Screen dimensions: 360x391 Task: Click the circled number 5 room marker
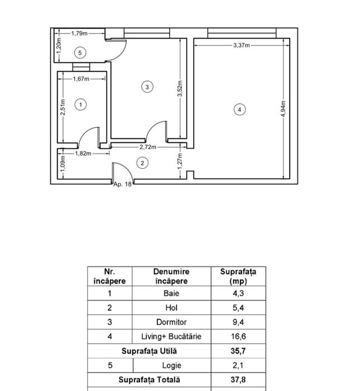80,53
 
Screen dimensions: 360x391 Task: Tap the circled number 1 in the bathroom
80,105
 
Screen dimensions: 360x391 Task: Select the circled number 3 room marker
147,87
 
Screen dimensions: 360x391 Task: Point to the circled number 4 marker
239,109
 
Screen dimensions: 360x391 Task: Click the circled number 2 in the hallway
142,163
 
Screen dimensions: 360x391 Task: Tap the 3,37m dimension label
242,45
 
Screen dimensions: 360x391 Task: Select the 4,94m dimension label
284,109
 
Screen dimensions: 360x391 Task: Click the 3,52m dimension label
180,88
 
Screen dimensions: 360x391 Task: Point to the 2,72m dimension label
148,147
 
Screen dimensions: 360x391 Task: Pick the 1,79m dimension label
79,34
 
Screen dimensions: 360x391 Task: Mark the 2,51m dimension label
63,107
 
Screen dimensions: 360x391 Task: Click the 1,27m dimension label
180,161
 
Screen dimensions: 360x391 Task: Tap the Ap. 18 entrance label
122,184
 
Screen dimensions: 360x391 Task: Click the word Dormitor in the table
171,322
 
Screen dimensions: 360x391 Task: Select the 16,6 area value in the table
238,337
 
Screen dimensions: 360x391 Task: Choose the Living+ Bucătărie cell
171,337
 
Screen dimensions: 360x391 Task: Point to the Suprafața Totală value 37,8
238,380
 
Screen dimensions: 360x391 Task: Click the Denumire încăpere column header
171,276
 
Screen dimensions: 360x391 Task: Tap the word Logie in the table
171,365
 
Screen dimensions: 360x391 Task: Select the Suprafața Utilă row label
149,351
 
